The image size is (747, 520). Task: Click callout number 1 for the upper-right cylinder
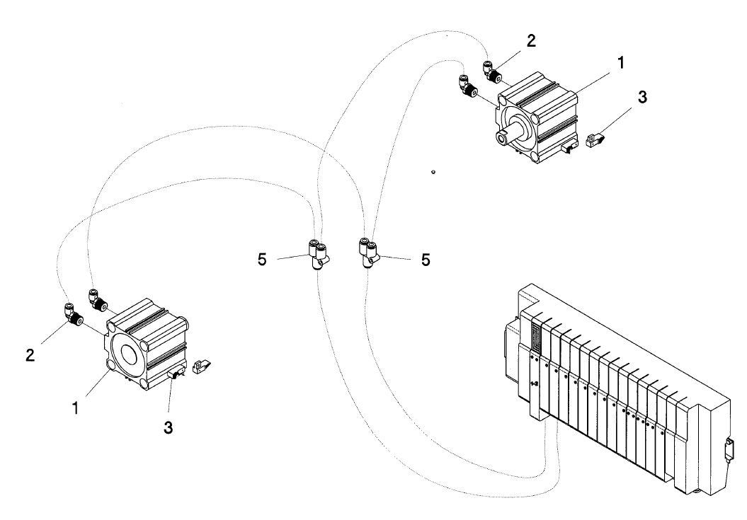coord(620,62)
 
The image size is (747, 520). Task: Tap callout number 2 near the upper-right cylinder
coord(531,41)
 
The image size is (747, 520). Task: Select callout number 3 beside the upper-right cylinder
coord(643,97)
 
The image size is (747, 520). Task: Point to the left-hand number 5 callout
coord(262,260)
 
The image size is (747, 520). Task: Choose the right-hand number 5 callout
coord(426,260)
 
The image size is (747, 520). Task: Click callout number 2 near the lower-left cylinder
coord(30,354)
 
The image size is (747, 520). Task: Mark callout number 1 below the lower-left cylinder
coord(75,408)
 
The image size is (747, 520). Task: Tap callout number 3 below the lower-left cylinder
coord(169,427)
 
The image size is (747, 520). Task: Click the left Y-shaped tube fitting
coord(319,254)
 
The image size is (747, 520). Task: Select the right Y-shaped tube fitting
coord(367,253)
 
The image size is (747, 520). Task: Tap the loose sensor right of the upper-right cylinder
coord(595,140)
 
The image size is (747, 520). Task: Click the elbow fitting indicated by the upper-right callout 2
coord(491,71)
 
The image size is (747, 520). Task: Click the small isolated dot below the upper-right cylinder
coord(433,172)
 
